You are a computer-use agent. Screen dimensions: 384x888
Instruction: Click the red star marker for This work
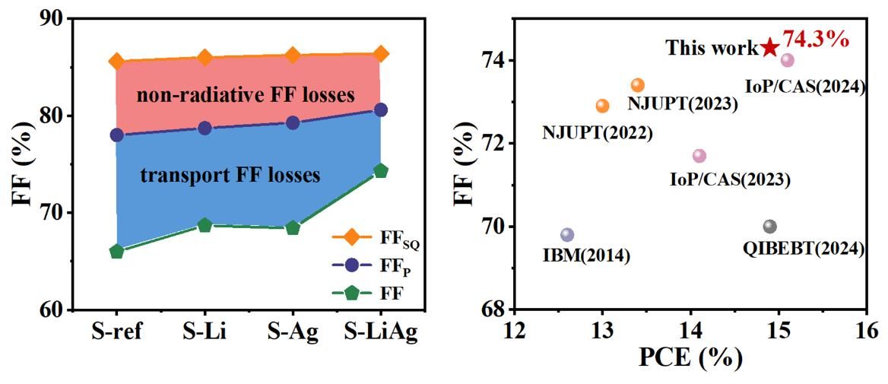[770, 48]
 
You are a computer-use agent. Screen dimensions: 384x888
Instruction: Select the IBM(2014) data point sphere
[566, 235]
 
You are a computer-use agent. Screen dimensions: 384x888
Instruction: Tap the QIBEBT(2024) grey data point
[769, 227]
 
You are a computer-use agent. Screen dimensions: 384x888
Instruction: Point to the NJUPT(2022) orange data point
[602, 106]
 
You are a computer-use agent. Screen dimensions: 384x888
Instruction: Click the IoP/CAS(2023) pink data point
[699, 156]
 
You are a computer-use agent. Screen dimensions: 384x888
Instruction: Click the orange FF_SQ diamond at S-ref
[116, 61]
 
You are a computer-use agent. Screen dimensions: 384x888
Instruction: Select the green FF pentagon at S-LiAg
[380, 171]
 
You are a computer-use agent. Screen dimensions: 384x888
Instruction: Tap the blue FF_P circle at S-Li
[205, 128]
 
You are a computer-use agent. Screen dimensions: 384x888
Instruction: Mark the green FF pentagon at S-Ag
[293, 228]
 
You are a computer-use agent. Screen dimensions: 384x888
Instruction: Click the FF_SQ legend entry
[373, 238]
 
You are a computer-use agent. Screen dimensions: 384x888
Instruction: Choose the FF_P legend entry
[373, 266]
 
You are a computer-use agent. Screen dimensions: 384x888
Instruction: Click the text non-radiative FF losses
[246, 96]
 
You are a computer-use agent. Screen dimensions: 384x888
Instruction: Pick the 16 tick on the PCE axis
[866, 331]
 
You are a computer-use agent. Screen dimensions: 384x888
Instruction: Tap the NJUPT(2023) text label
[682, 103]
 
